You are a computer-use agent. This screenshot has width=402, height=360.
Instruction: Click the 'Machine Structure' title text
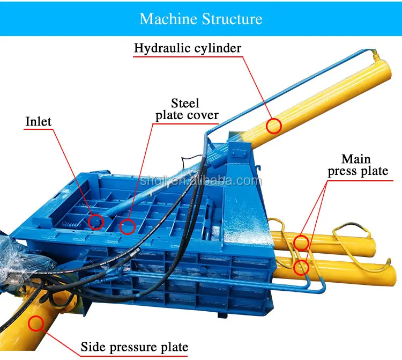point(201,19)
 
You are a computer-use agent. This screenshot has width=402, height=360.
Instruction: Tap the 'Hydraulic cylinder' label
point(188,48)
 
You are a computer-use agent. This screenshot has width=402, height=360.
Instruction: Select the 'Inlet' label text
point(39,122)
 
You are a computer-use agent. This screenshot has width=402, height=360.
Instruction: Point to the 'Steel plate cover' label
point(187,109)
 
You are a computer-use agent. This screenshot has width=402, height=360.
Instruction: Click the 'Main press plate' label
point(357,165)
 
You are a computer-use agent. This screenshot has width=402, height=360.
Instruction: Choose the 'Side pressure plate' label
point(134,347)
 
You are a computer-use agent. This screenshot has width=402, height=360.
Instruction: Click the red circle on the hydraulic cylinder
point(274,126)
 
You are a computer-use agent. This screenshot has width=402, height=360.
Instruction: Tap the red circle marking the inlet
point(95,221)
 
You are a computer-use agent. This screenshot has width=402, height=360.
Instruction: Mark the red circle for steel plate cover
point(127,226)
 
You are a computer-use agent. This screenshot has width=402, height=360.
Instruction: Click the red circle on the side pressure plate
point(36,323)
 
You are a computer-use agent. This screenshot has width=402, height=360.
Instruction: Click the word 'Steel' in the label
point(185,102)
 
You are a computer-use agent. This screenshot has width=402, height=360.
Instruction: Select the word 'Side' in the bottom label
point(93,347)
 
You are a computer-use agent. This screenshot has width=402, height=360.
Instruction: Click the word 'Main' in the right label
point(356,159)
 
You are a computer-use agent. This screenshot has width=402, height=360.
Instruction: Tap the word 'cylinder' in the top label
point(219,48)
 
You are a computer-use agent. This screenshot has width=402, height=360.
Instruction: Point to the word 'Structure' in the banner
point(232,19)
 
